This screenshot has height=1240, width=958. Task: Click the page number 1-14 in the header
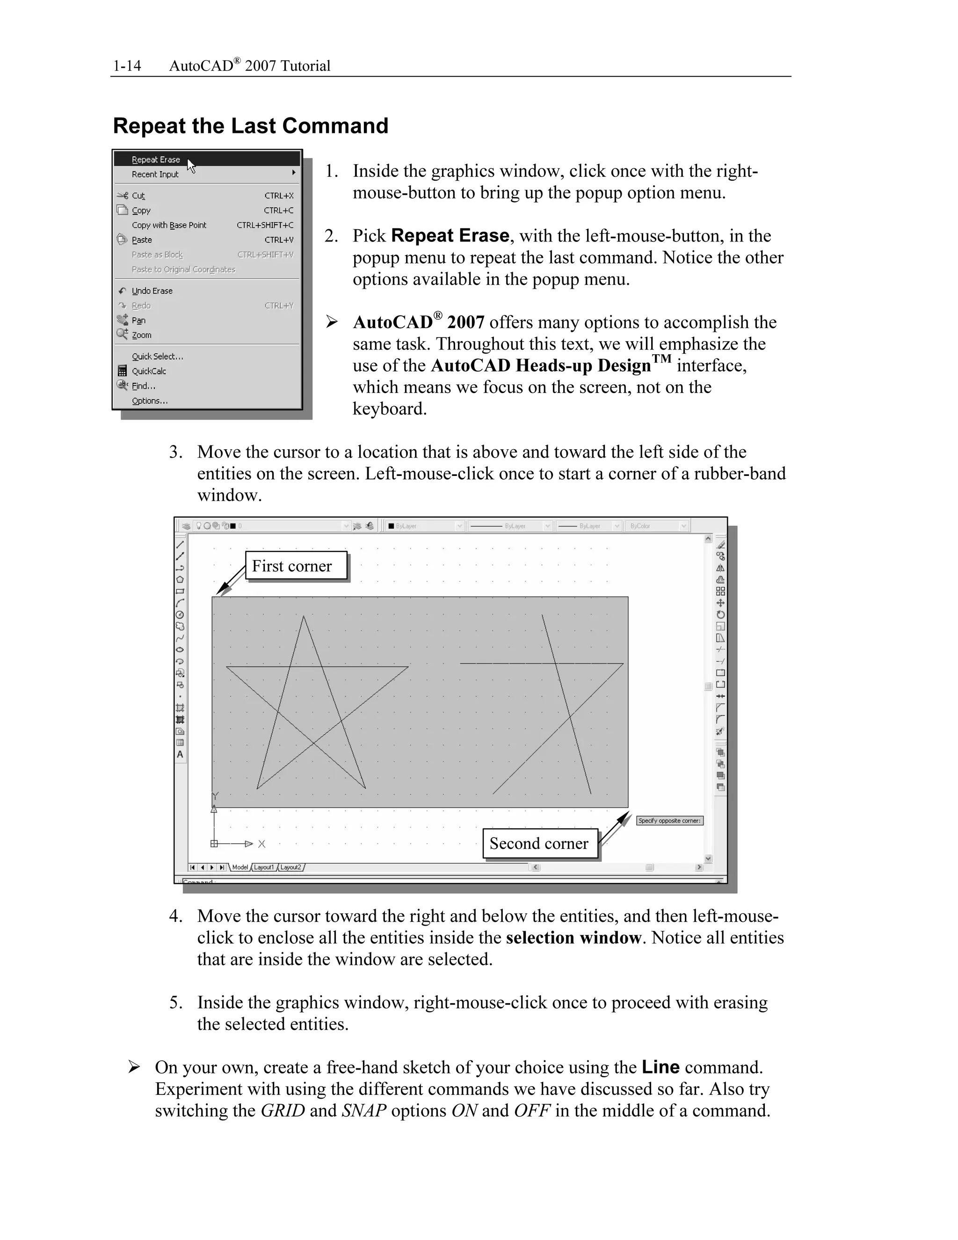[127, 66]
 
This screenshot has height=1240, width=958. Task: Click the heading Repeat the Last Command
[250, 125]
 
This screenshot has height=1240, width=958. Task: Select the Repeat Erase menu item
[156, 160]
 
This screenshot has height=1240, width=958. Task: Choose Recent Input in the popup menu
[155, 175]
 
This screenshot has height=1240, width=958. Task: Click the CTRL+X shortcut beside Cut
[279, 196]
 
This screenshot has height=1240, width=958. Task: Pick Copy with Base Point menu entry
[169, 226]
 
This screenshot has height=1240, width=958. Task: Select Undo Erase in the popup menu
[152, 291]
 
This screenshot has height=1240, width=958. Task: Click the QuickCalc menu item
[149, 372]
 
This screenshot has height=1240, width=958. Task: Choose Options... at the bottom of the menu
[150, 401]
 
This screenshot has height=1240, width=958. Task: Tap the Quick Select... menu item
[157, 357]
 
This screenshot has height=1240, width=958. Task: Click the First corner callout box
[296, 566]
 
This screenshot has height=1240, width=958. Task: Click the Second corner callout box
[539, 844]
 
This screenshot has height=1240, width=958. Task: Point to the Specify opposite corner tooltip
[669, 820]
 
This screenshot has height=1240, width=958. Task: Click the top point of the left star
[303, 617]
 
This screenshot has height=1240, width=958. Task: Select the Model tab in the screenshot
[240, 867]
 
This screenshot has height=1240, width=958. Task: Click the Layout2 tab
[290, 867]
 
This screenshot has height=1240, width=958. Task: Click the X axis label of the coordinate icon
[261, 844]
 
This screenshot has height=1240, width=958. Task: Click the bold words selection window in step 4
[573, 937]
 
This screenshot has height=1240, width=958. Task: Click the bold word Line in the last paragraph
[660, 1067]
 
